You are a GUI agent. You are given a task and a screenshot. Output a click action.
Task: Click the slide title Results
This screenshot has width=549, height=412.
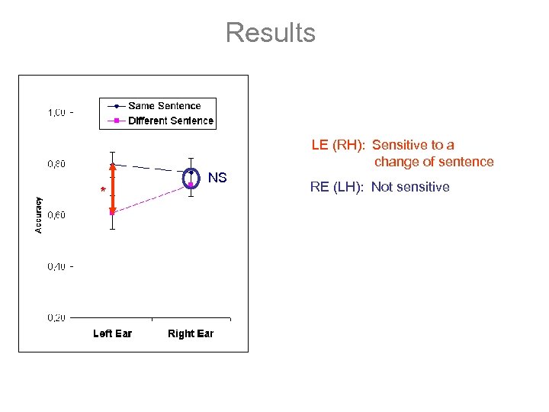(270, 33)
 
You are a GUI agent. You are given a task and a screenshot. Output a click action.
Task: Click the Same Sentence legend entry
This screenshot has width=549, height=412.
(164, 106)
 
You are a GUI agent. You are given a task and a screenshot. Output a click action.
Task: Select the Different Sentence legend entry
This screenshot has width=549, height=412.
(170, 121)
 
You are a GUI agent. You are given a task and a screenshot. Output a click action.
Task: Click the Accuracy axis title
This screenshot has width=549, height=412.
(39, 215)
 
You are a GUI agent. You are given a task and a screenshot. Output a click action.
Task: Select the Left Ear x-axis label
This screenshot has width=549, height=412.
(112, 333)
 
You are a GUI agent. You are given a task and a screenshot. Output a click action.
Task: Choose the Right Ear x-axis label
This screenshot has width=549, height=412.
(191, 333)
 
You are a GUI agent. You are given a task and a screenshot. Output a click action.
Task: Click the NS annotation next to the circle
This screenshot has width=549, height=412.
(217, 178)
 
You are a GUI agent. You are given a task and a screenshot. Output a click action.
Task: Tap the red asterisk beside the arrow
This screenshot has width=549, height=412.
(103, 190)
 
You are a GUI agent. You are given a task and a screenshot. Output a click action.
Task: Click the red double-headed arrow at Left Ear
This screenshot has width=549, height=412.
(112, 188)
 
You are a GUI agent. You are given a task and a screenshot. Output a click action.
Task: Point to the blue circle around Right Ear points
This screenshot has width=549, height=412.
(191, 178)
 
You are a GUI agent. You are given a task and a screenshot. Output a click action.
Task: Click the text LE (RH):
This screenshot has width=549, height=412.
(339, 145)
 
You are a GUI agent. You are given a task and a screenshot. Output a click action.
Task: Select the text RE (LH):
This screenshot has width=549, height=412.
(338, 187)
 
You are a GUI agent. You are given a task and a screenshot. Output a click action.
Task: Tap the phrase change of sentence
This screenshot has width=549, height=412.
(434, 162)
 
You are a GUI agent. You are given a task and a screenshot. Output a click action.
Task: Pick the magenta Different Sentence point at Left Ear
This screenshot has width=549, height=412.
(112, 212)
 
